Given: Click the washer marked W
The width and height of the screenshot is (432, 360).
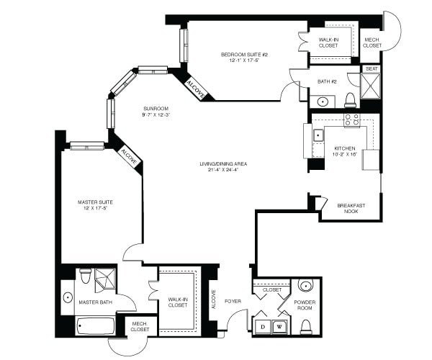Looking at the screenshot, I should click(x=282, y=326).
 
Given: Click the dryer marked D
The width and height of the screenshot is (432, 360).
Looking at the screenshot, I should click(x=262, y=326).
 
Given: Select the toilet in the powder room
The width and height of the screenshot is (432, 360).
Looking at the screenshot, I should click(x=306, y=328).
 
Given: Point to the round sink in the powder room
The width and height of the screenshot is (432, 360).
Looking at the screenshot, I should click(x=306, y=284).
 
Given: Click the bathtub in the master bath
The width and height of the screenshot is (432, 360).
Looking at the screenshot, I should click(x=95, y=325).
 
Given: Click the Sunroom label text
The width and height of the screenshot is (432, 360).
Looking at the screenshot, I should click(x=155, y=108).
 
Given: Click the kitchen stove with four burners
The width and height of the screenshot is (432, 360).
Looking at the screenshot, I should click(x=351, y=120).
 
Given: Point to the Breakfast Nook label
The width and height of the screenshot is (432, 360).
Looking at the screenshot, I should click(x=351, y=209).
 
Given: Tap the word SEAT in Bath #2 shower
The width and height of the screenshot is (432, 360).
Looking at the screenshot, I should click(x=371, y=69).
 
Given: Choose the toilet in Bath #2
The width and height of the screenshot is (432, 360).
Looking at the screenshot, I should click(x=350, y=99).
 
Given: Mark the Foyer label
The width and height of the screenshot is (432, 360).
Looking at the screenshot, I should click(x=232, y=301).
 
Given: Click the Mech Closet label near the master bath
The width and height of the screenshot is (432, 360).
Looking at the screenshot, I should click(x=139, y=326).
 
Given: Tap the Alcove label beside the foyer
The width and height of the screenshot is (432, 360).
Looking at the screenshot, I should click(x=213, y=298).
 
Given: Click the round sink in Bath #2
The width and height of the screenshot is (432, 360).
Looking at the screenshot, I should click(x=321, y=101).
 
